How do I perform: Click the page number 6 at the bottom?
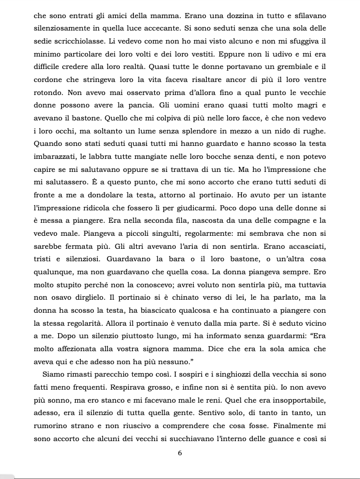[179, 459]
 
